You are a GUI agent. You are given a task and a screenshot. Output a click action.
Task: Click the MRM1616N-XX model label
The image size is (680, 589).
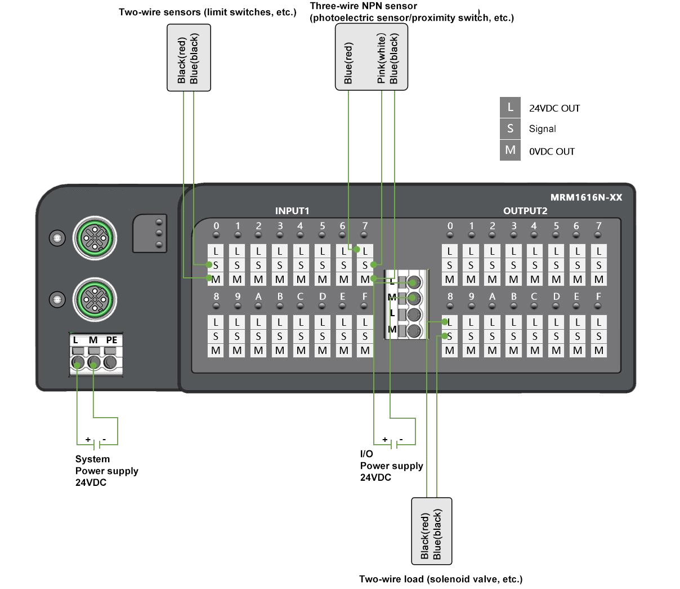coord(586,197)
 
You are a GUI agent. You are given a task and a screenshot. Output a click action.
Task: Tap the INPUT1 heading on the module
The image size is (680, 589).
coord(292,211)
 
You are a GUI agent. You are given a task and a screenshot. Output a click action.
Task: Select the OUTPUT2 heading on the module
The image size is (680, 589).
coord(525,211)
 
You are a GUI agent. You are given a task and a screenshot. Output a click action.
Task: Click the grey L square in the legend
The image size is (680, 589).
coord(510,107)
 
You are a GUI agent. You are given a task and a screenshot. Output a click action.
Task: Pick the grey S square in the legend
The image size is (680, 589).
coord(510,129)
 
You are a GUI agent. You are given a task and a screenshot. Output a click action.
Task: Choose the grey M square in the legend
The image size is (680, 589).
coord(510,150)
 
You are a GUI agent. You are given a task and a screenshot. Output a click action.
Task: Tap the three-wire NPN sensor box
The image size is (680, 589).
coord(371,57)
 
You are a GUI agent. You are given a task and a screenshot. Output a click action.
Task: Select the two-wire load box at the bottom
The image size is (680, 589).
coord(432,531)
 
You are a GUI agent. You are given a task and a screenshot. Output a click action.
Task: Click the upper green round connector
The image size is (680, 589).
coord(95,239)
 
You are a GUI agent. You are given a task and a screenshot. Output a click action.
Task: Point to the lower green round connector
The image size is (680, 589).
coord(95,299)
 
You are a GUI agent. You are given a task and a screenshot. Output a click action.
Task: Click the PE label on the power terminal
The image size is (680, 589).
coord(111,340)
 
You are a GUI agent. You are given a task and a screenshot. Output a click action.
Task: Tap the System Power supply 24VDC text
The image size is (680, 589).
coord(106,471)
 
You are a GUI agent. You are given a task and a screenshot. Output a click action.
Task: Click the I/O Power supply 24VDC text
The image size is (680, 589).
coord(391,466)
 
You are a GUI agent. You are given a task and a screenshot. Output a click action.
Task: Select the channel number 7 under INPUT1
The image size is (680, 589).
coord(365,225)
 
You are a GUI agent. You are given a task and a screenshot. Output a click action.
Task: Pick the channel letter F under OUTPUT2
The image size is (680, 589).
coord(598,296)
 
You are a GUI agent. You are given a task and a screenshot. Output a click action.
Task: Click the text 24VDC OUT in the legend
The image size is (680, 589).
coord(554,108)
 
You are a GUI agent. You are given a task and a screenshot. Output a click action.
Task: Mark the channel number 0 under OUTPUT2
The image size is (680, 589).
coord(450,225)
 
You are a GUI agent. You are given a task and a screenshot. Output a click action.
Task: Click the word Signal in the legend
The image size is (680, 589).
coord(542,129)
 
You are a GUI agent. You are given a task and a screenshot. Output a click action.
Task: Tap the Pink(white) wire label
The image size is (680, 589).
coord(382,59)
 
